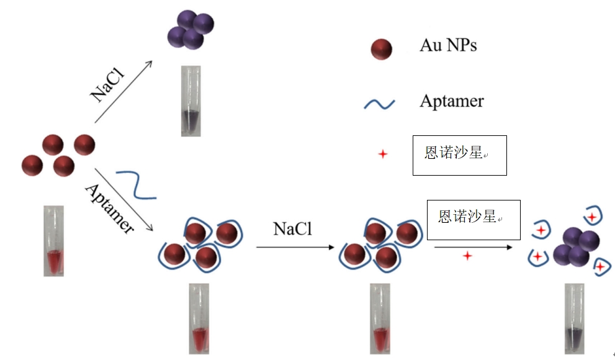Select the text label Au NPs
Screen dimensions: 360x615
coord(449,45)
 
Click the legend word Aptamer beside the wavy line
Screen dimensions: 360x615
coord(451,101)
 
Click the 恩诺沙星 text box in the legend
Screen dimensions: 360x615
coord(460,155)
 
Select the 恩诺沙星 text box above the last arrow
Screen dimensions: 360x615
coord(474,220)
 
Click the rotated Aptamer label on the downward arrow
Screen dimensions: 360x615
coord(109,208)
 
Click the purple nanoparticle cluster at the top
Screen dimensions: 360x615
coord(191,29)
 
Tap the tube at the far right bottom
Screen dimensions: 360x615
coord(574,319)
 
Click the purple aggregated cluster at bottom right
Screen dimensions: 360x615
coord(576,247)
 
